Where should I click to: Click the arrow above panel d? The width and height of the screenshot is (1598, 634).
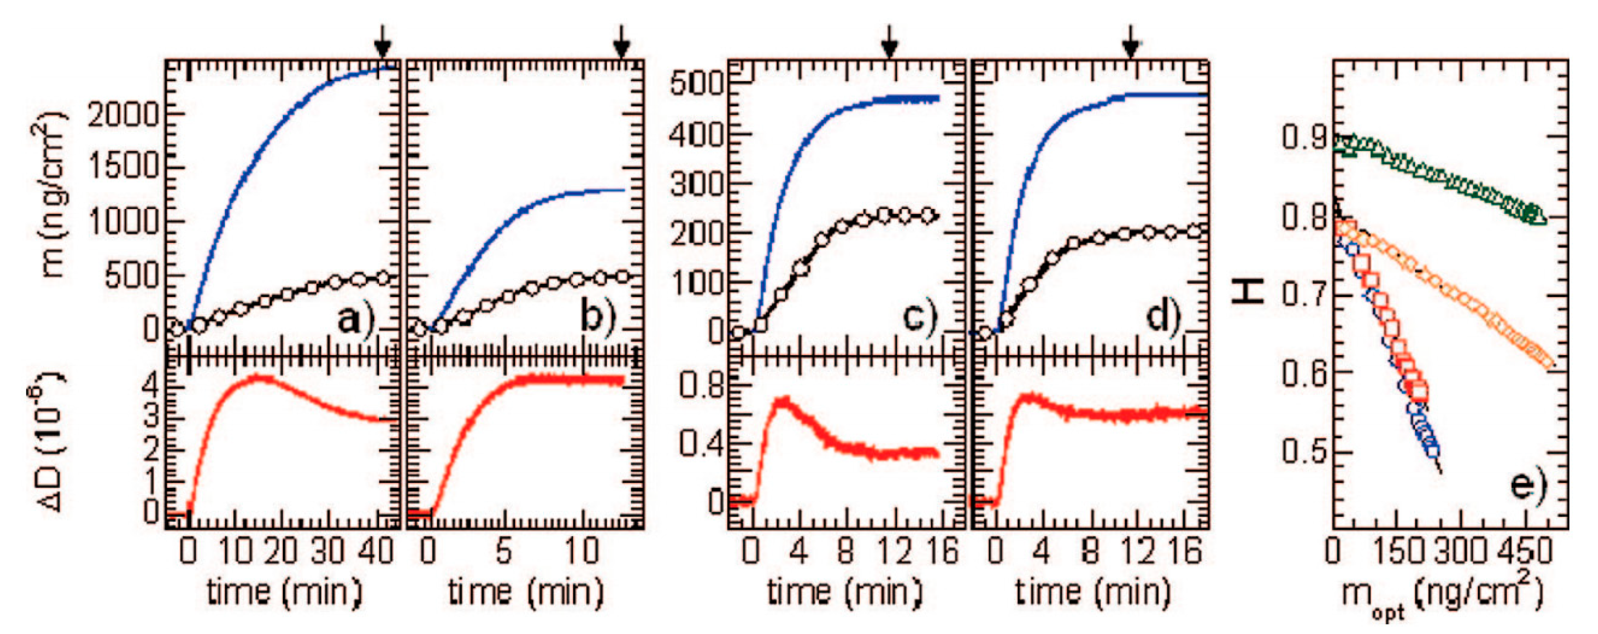tap(1130, 42)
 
